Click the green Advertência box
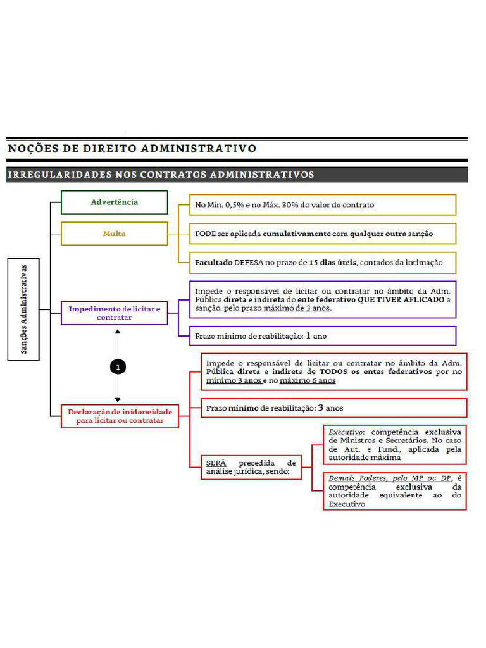[114, 202]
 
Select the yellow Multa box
[114, 234]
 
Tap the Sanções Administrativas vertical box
[24, 309]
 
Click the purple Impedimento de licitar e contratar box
[115, 313]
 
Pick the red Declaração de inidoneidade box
[120, 416]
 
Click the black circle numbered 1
[118, 366]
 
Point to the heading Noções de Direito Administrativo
[132, 149]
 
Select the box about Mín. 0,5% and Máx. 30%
[323, 204]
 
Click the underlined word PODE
[205, 234]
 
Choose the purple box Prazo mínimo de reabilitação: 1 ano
[323, 335]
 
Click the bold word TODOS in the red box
[333, 372]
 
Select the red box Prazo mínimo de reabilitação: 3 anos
[333, 408]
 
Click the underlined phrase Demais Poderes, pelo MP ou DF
[389, 478]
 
